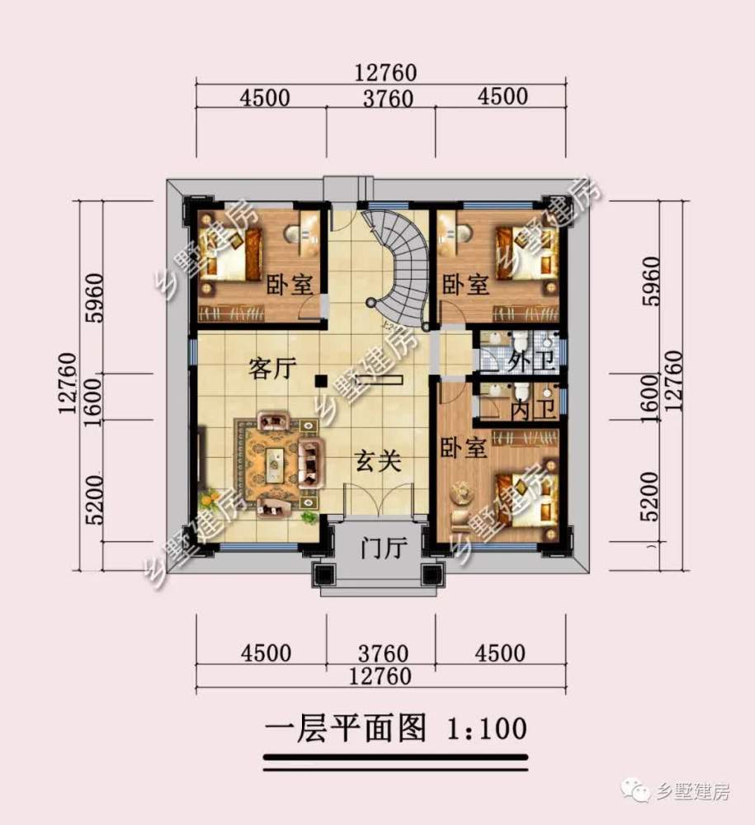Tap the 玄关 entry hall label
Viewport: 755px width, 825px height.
[x=378, y=461]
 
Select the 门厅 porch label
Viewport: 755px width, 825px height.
[x=384, y=549]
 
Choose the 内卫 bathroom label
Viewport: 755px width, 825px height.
[x=534, y=409]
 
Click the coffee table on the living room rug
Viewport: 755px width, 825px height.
[x=275, y=464]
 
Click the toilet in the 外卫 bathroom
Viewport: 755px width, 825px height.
[x=521, y=342]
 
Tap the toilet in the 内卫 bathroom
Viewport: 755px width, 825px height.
[x=521, y=391]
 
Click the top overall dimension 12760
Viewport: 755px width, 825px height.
[x=385, y=73]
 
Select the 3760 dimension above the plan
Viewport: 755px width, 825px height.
[x=389, y=98]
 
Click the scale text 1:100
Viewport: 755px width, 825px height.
[x=487, y=728]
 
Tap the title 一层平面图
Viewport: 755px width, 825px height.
[x=345, y=728]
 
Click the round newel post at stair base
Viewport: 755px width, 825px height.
[x=372, y=303]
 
